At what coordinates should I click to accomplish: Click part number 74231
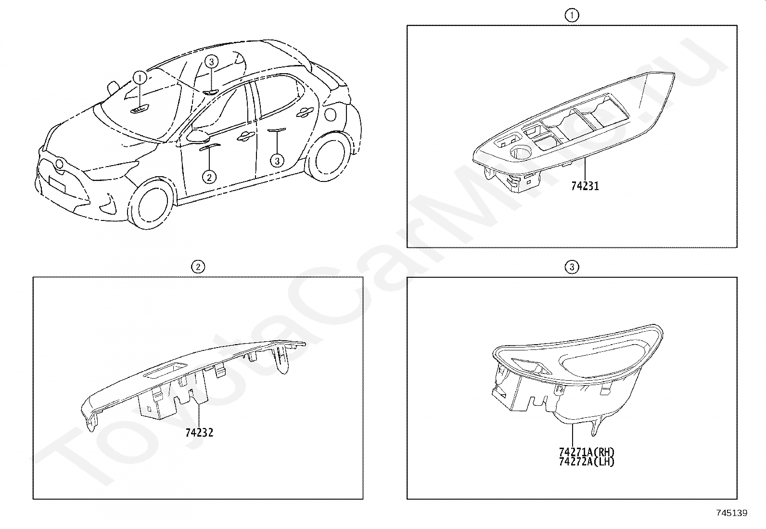pyautogui.click(x=585, y=186)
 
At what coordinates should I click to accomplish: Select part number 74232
pyautogui.click(x=199, y=433)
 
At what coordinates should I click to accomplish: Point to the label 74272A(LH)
pyautogui.click(x=587, y=462)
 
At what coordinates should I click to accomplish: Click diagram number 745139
pyautogui.click(x=732, y=513)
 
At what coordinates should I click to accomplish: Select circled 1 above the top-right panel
pyautogui.click(x=572, y=15)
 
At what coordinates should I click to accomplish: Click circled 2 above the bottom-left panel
pyautogui.click(x=198, y=267)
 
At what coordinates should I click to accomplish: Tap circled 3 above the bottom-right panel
pyautogui.click(x=572, y=267)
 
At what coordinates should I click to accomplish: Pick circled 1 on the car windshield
pyautogui.click(x=140, y=78)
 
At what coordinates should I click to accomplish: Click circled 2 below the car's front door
pyautogui.click(x=209, y=177)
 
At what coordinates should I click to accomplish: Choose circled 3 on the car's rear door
pyautogui.click(x=277, y=161)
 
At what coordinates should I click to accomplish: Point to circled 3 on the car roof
pyautogui.click(x=211, y=62)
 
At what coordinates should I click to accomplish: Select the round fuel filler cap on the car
pyautogui.click(x=331, y=114)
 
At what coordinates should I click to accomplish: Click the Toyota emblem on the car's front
pyautogui.click(x=60, y=164)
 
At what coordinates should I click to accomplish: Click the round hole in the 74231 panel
pyautogui.click(x=520, y=153)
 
